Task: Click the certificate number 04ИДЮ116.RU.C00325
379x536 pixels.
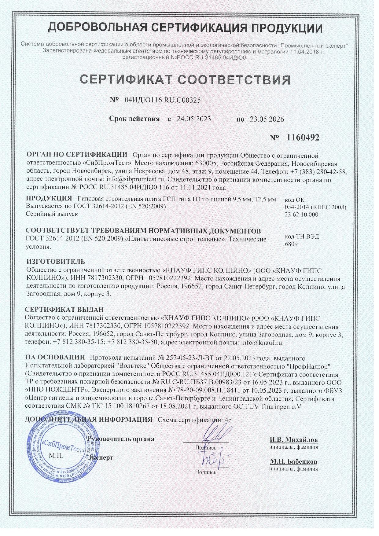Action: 163,100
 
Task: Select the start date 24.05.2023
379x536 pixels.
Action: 194,119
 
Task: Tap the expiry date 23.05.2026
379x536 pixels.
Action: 267,119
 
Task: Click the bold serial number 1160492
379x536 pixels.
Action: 303,138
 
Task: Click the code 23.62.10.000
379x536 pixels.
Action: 301,215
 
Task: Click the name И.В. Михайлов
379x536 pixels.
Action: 293,440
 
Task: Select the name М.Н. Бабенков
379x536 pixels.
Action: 293,461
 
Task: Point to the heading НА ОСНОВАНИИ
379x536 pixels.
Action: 55,357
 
